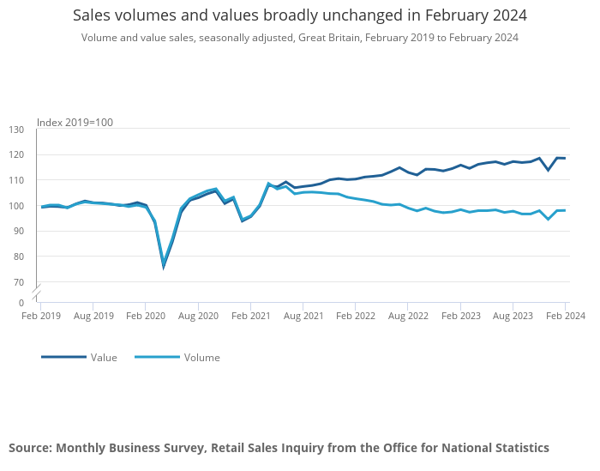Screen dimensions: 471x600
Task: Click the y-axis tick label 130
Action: pyautogui.click(x=16, y=130)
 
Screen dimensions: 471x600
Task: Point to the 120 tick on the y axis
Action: pyautogui.click(x=16, y=155)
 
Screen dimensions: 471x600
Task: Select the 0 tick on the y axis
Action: pyautogui.click(x=21, y=303)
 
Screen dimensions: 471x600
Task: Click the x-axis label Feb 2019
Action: pyautogui.click(x=40, y=316)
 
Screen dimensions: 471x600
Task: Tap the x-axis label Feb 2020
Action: pyautogui.click(x=145, y=316)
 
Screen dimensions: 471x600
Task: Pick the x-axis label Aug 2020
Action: pyautogui.click(x=198, y=316)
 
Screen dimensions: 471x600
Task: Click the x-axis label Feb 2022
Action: pyautogui.click(x=355, y=316)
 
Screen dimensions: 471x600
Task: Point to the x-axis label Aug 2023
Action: pyautogui.click(x=513, y=316)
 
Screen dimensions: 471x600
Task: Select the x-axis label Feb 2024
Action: pyautogui.click(x=565, y=316)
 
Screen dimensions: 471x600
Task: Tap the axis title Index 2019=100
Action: pyautogui.click(x=75, y=123)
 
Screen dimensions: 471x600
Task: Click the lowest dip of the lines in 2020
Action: pyautogui.click(x=163, y=266)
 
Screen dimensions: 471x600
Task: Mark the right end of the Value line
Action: pyautogui.click(x=565, y=158)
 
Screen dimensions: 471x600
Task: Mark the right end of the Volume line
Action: pyautogui.click(x=565, y=210)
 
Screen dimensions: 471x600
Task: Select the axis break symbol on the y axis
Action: pyautogui.click(x=37, y=291)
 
